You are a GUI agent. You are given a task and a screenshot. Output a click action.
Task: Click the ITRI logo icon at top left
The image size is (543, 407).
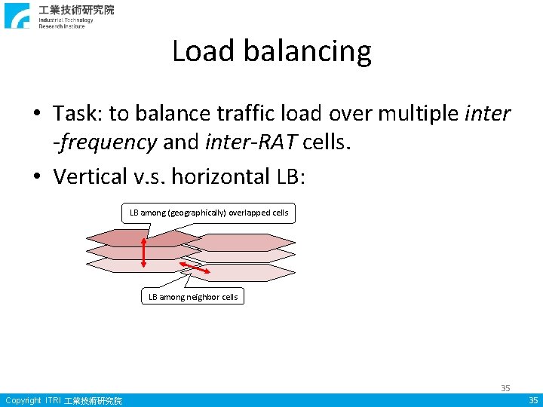(x=17, y=15)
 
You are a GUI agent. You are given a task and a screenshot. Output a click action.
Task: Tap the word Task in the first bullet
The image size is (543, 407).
(x=76, y=113)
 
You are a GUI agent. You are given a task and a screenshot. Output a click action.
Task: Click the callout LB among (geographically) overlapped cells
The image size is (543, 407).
(x=209, y=213)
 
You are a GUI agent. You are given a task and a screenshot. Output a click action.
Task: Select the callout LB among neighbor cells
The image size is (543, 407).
(x=193, y=297)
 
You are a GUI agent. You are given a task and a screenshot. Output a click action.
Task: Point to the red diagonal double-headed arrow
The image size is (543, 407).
(x=195, y=268)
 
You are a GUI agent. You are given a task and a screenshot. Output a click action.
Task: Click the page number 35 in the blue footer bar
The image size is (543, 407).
(x=533, y=400)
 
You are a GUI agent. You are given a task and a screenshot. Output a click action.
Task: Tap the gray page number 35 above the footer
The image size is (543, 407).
(x=505, y=387)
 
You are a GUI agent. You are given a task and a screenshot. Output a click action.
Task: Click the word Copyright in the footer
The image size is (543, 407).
(x=23, y=400)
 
